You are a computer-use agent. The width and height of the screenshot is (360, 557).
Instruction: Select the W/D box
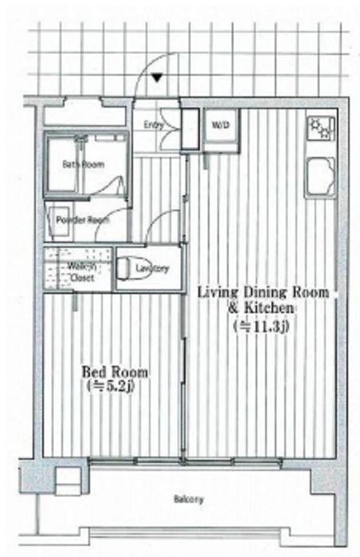tap(219, 126)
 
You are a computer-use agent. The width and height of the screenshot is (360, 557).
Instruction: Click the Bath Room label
tap(83, 165)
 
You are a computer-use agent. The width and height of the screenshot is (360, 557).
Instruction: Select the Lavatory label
tap(152, 269)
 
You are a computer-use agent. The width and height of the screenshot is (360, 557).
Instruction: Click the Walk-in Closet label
tap(80, 272)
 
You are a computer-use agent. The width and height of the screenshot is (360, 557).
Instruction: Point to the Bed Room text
tap(115, 372)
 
